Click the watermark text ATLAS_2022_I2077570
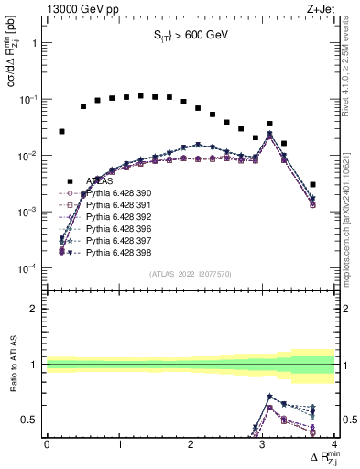tap(190, 274)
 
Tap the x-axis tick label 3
tap(263, 443)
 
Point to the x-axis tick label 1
tap(119, 443)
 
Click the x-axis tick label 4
tap(334, 443)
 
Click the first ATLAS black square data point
tap(61, 132)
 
